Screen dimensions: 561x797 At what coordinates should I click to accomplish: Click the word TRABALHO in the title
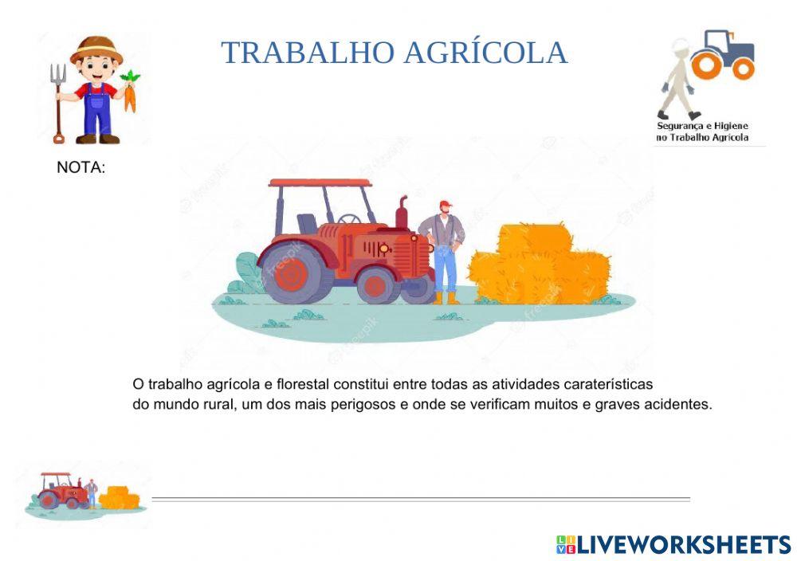point(308,53)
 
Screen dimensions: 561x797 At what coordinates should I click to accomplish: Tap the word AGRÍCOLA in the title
point(485,53)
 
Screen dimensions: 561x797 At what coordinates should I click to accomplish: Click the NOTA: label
point(80,168)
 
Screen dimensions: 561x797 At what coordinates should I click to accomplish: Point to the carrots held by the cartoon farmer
point(130,92)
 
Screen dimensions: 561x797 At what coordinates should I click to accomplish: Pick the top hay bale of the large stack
point(535,237)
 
